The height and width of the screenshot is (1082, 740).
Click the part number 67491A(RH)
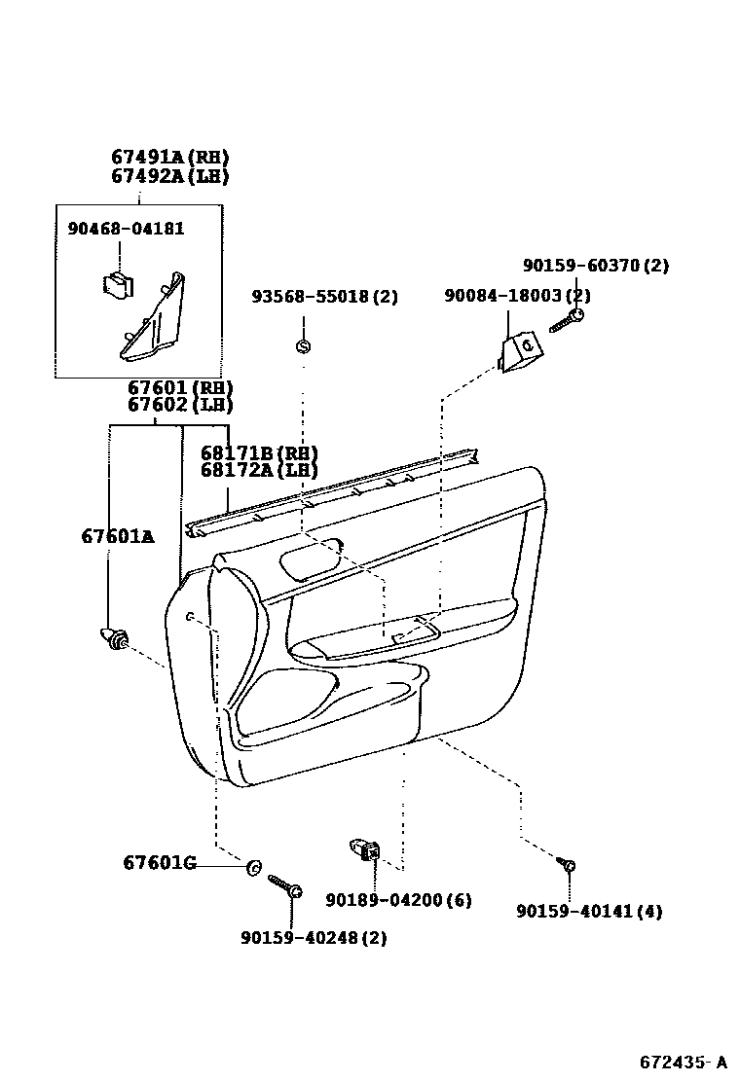[x=169, y=158]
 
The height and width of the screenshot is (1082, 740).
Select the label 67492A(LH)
[x=169, y=176]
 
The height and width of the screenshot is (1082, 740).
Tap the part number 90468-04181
[x=126, y=229]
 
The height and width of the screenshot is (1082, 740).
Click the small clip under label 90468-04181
[x=118, y=283]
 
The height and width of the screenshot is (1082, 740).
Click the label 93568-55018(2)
[x=324, y=296]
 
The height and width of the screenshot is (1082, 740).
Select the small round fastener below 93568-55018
[x=303, y=345]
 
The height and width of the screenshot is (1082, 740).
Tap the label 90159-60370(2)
[x=595, y=265]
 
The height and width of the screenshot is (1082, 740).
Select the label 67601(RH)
[x=180, y=387]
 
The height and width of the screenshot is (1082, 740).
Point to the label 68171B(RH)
[x=259, y=453]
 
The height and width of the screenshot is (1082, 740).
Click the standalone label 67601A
[x=117, y=536]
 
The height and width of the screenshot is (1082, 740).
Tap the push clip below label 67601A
[x=116, y=640]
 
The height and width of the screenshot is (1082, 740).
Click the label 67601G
[x=160, y=863]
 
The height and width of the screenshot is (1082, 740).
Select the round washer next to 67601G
[x=253, y=866]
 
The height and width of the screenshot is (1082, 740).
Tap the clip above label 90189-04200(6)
[x=366, y=850]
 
